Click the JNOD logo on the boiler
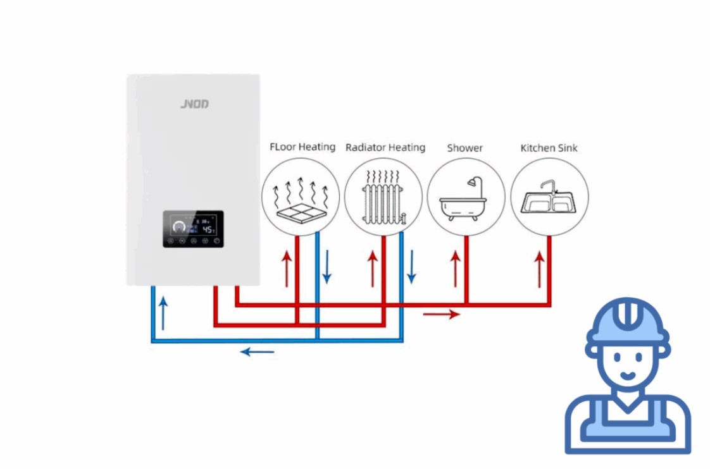pos(194,104)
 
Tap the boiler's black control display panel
pos(193,229)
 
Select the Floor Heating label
pos(302,147)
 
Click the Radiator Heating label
pos(385,148)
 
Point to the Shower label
pos(464,148)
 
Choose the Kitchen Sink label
pos(549,148)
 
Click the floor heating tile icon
pos(301,205)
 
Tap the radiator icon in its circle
pos(383,197)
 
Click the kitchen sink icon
pos(549,198)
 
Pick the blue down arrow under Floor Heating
pos(327,267)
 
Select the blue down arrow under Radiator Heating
pos(411,267)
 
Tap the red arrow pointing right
pos(441,314)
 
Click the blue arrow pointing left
pos(257,351)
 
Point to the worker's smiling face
pos(626,365)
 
